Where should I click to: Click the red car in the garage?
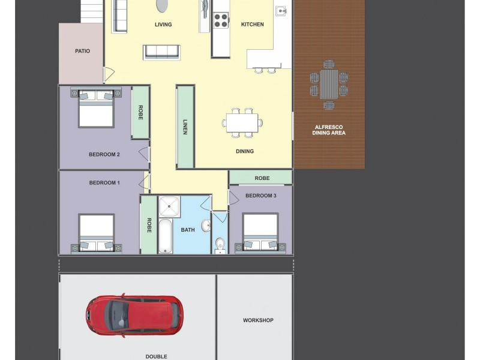click(134, 314)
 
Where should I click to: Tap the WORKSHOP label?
click(258, 320)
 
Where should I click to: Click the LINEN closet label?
click(185, 127)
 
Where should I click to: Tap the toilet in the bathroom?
click(220, 244)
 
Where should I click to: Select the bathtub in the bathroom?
click(166, 236)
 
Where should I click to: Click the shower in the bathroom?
click(169, 206)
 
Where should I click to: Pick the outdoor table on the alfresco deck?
click(329, 84)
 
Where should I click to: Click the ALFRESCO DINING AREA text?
click(329, 130)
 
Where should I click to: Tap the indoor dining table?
click(242, 122)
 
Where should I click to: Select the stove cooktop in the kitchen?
click(221, 20)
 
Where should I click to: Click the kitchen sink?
click(281, 11)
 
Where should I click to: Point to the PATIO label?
click(82, 51)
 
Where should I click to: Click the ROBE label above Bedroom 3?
click(262, 178)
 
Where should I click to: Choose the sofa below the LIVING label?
click(161, 52)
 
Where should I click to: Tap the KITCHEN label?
click(252, 25)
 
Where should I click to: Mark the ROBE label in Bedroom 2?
click(140, 113)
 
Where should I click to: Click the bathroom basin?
click(206, 226)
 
